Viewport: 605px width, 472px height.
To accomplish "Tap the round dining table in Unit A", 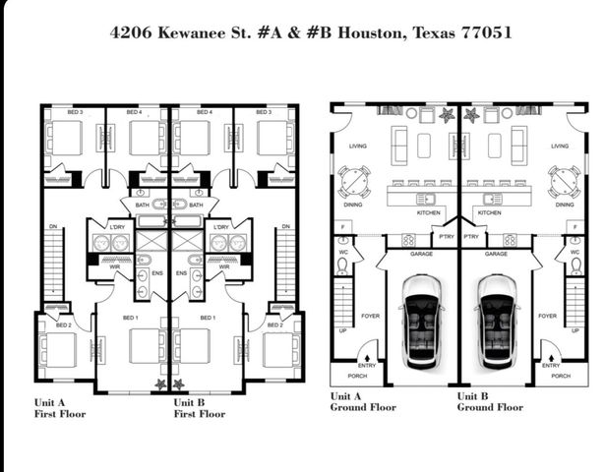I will pos(354,182).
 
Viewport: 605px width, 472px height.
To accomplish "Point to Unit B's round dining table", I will pos(564,182).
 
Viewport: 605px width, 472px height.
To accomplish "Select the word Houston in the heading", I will pos(364,32).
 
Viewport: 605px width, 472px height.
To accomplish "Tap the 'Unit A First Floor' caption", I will pos(60,408).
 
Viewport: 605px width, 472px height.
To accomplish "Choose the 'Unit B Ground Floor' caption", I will pos(490,401).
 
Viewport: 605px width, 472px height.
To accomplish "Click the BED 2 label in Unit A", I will pos(64,324).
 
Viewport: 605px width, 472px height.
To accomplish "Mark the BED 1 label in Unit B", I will pos(208,318).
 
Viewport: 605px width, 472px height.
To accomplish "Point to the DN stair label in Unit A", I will pos(53,227).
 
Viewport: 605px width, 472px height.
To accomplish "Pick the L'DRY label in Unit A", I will pos(117,227).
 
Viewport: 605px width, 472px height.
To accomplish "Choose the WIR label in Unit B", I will pos(224,266).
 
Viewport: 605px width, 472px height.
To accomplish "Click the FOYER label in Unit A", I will pos(371,317).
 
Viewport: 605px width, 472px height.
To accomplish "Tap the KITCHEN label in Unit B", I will pos(489,212).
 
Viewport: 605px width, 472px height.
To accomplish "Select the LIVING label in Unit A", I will pos(357,147).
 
